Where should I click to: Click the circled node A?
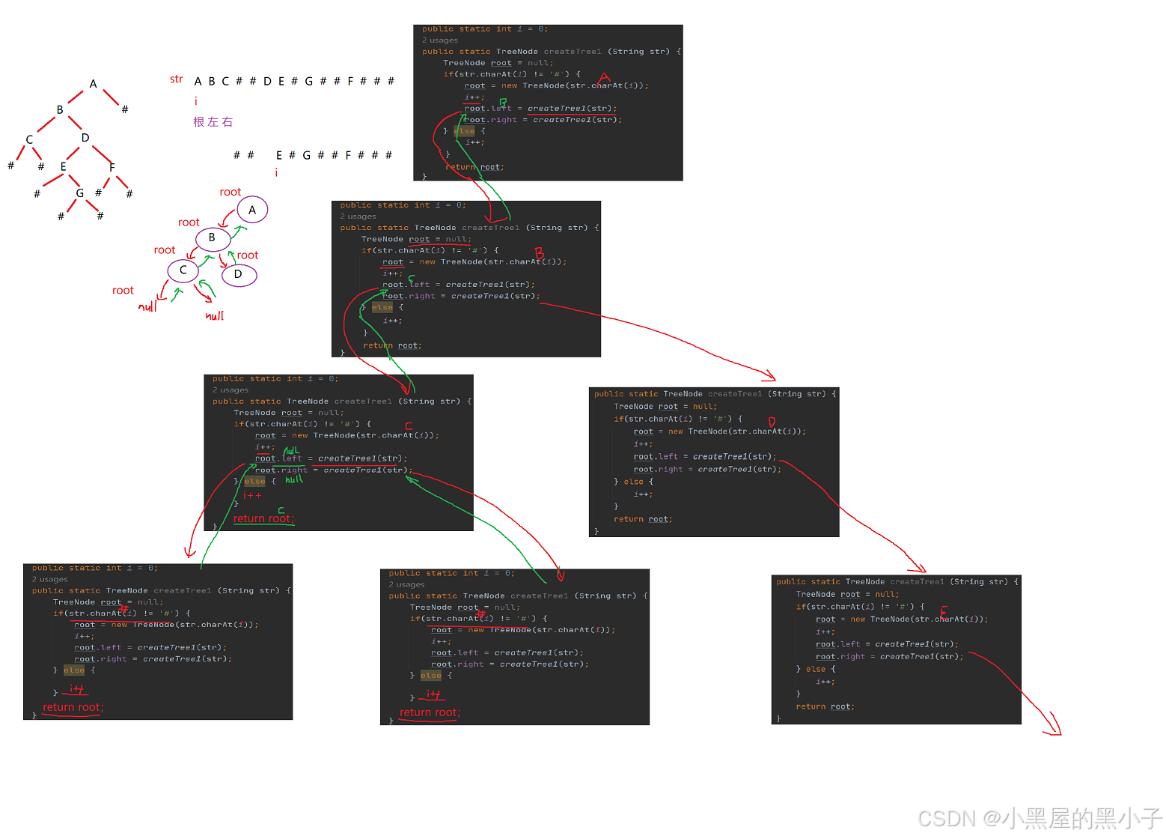click(252, 210)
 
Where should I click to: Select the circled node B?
click(212, 237)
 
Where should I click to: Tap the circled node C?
click(183, 270)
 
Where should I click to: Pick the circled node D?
click(238, 274)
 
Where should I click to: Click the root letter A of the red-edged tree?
click(93, 84)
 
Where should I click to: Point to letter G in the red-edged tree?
click(79, 193)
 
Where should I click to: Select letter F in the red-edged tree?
click(112, 167)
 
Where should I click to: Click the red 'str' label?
click(176, 79)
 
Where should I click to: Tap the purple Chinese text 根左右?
click(213, 122)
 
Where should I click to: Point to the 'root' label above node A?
click(231, 193)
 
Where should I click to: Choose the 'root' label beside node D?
click(248, 255)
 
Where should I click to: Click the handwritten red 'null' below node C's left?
click(147, 306)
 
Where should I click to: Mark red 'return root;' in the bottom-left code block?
click(73, 707)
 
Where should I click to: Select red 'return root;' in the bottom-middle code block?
click(430, 712)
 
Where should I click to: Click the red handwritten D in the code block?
click(772, 422)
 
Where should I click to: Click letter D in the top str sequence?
click(267, 81)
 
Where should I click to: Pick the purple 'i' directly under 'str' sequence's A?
click(196, 101)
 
